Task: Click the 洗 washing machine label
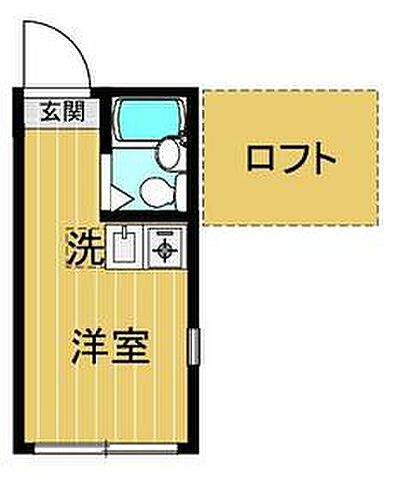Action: (x=85, y=246)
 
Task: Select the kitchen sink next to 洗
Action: (x=125, y=246)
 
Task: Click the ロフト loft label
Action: (x=289, y=158)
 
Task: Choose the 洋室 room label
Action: (x=109, y=348)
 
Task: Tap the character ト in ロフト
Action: (x=320, y=158)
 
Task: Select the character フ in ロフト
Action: (x=290, y=158)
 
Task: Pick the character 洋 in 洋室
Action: (x=89, y=348)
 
